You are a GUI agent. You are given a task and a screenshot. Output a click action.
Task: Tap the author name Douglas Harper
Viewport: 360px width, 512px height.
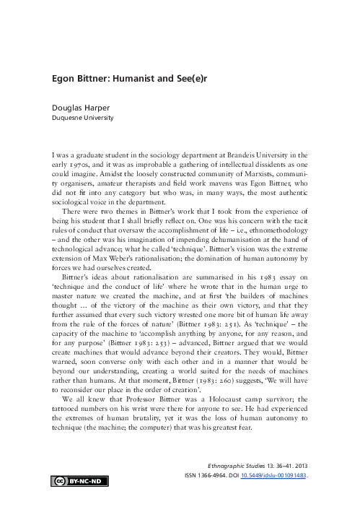82,105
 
